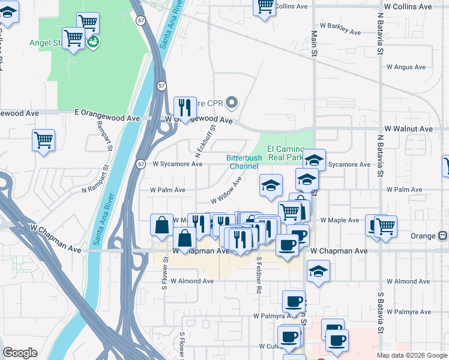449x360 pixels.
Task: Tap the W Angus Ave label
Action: point(406,67)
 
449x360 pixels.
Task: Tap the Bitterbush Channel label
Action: point(243,162)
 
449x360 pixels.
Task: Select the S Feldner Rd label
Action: point(259,275)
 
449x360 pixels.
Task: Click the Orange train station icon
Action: point(444,236)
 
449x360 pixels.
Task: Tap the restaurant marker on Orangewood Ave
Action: point(185,107)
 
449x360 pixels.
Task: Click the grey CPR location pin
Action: point(233,101)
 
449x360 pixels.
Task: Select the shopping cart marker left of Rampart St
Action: point(44,140)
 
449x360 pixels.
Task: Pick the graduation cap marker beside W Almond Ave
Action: point(319,271)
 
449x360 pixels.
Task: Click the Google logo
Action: point(20,353)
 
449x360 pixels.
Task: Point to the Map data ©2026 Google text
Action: point(412,355)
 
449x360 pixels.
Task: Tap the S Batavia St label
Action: point(380,312)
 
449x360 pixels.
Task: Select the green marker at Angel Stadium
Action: point(94,42)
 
